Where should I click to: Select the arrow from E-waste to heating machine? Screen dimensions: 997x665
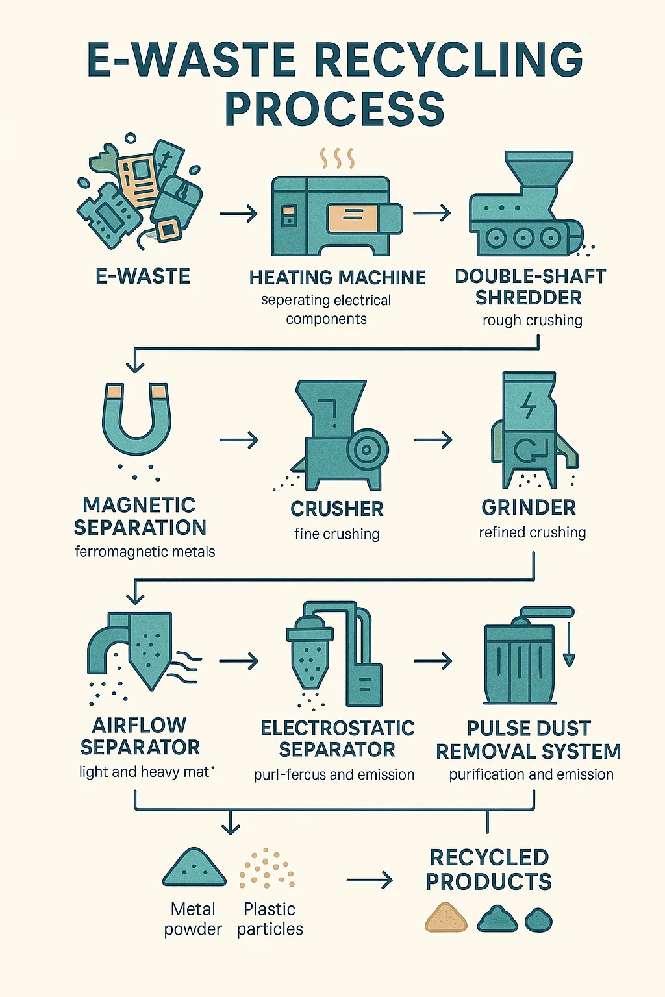(x=238, y=214)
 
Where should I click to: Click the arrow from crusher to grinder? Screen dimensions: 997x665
(x=433, y=440)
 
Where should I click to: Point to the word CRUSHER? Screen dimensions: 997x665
(x=336, y=509)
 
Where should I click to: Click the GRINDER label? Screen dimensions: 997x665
(x=529, y=508)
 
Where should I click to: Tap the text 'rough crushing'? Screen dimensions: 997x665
(x=532, y=321)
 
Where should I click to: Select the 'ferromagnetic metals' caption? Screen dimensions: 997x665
(x=145, y=552)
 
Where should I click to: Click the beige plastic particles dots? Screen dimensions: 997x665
(x=267, y=868)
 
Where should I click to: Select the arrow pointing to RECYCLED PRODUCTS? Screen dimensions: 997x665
(x=370, y=880)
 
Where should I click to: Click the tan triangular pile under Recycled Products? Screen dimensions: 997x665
(x=446, y=918)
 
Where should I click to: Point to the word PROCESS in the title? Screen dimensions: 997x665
(x=334, y=108)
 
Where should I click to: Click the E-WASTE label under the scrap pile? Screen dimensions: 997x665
(x=143, y=277)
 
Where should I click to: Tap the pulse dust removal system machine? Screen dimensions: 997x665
(x=523, y=659)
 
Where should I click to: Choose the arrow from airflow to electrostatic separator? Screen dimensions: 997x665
(x=238, y=661)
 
